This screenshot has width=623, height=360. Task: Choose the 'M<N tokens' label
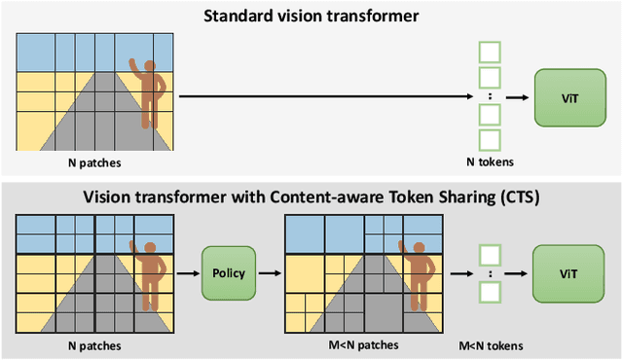tap(490, 345)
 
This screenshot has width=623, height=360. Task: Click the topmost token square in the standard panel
tap(490, 52)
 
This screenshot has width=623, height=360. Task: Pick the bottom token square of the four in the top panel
tap(490, 140)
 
